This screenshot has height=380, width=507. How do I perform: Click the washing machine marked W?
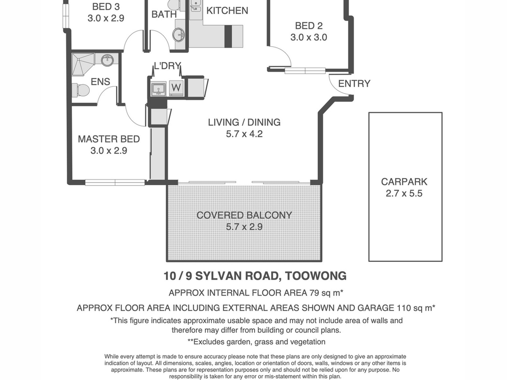[x=176, y=87]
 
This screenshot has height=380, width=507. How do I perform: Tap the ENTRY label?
[x=354, y=84]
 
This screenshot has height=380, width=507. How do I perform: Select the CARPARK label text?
[x=404, y=182]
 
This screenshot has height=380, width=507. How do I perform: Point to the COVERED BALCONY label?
[x=244, y=215]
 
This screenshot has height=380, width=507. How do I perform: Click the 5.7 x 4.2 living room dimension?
[x=244, y=134]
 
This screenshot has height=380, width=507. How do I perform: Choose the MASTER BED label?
[x=109, y=139]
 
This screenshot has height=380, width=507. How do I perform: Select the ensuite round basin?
[x=108, y=60]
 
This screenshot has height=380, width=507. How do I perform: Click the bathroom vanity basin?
[x=179, y=35]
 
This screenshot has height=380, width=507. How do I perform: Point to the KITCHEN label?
[x=227, y=11]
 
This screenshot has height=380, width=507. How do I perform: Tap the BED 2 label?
[x=309, y=26]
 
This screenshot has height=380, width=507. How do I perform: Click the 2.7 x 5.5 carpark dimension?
[x=404, y=193]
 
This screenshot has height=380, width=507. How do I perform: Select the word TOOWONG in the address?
[x=316, y=276]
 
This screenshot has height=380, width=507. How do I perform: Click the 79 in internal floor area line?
[x=314, y=293]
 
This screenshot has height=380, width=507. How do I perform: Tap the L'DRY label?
[x=167, y=66]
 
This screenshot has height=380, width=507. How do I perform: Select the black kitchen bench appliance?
[x=228, y=36]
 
